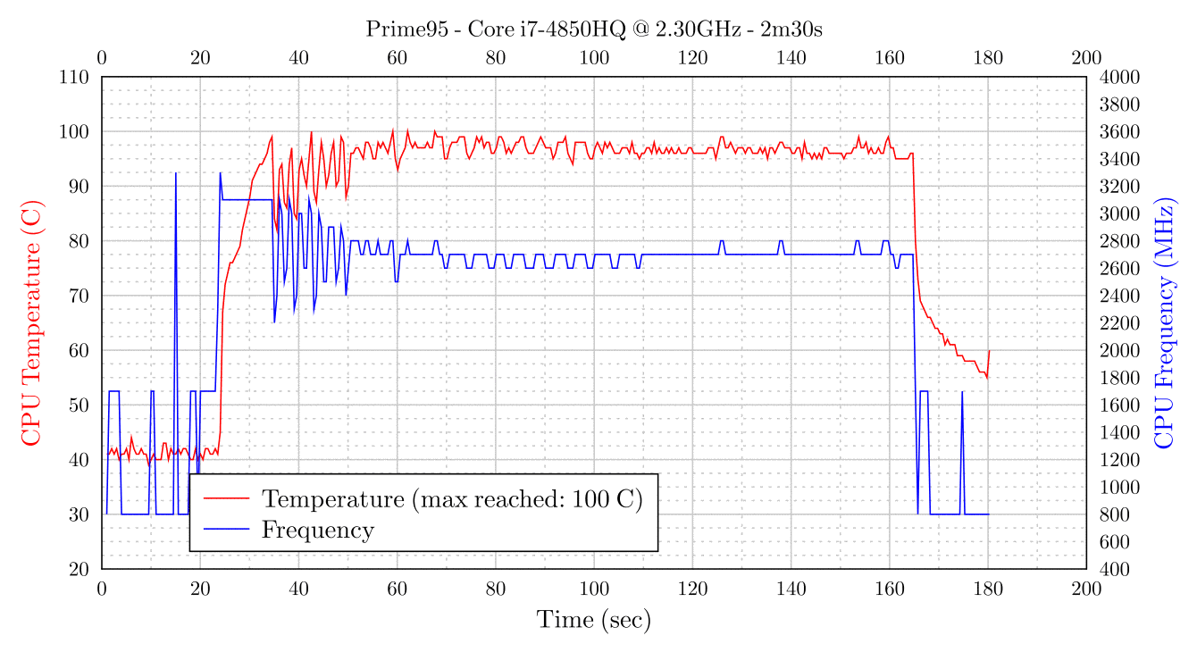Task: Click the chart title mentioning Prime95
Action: (593, 29)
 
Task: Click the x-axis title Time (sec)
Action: (593, 619)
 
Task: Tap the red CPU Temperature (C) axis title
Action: (31, 322)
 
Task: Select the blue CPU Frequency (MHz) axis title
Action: (1164, 322)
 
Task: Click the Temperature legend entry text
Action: (452, 497)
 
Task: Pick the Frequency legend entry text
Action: (317, 530)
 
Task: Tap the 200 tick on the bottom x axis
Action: (1086, 588)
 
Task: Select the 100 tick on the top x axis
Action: (594, 58)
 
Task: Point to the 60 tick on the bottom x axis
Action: (397, 588)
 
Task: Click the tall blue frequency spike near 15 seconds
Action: (176, 173)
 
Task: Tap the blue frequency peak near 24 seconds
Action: (220, 173)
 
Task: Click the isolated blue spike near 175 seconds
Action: (962, 392)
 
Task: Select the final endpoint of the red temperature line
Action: (989, 351)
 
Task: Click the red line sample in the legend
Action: (226, 497)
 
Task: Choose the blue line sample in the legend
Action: (226, 530)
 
